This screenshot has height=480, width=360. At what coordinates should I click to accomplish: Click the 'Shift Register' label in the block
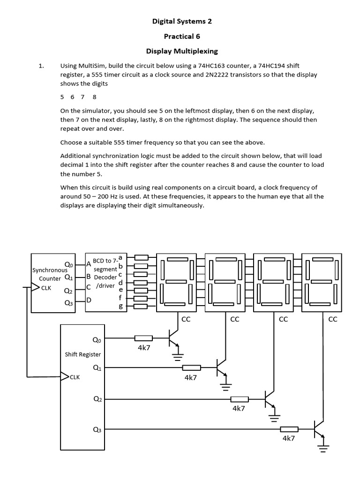[82, 354]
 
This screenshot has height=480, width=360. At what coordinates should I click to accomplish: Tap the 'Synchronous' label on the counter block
[50, 270]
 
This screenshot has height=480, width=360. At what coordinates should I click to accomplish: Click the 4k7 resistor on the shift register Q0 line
[143, 338]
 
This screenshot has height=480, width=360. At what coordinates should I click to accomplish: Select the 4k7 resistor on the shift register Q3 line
[289, 429]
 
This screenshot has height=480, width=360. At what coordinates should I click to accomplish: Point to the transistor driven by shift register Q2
[270, 399]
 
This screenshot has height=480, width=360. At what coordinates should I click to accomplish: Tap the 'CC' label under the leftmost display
[186, 320]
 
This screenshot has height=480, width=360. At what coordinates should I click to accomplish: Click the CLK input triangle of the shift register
[65, 376]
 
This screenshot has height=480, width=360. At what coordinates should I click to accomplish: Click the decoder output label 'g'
[120, 307]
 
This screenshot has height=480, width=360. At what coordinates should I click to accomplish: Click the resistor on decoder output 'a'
[141, 257]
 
